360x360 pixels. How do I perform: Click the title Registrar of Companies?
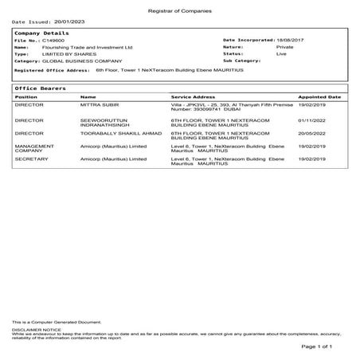coord(179,7)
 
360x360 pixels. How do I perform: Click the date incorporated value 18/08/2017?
coord(292,40)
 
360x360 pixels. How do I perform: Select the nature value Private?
coord(284,47)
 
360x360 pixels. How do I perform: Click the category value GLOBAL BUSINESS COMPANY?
coord(82,61)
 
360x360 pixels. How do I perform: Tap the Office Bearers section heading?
coord(40,88)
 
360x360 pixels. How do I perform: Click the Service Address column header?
coord(193,96)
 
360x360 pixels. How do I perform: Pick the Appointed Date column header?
coord(319,96)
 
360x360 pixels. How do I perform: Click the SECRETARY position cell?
coord(32,158)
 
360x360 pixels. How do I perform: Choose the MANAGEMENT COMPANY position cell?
coord(35,149)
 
